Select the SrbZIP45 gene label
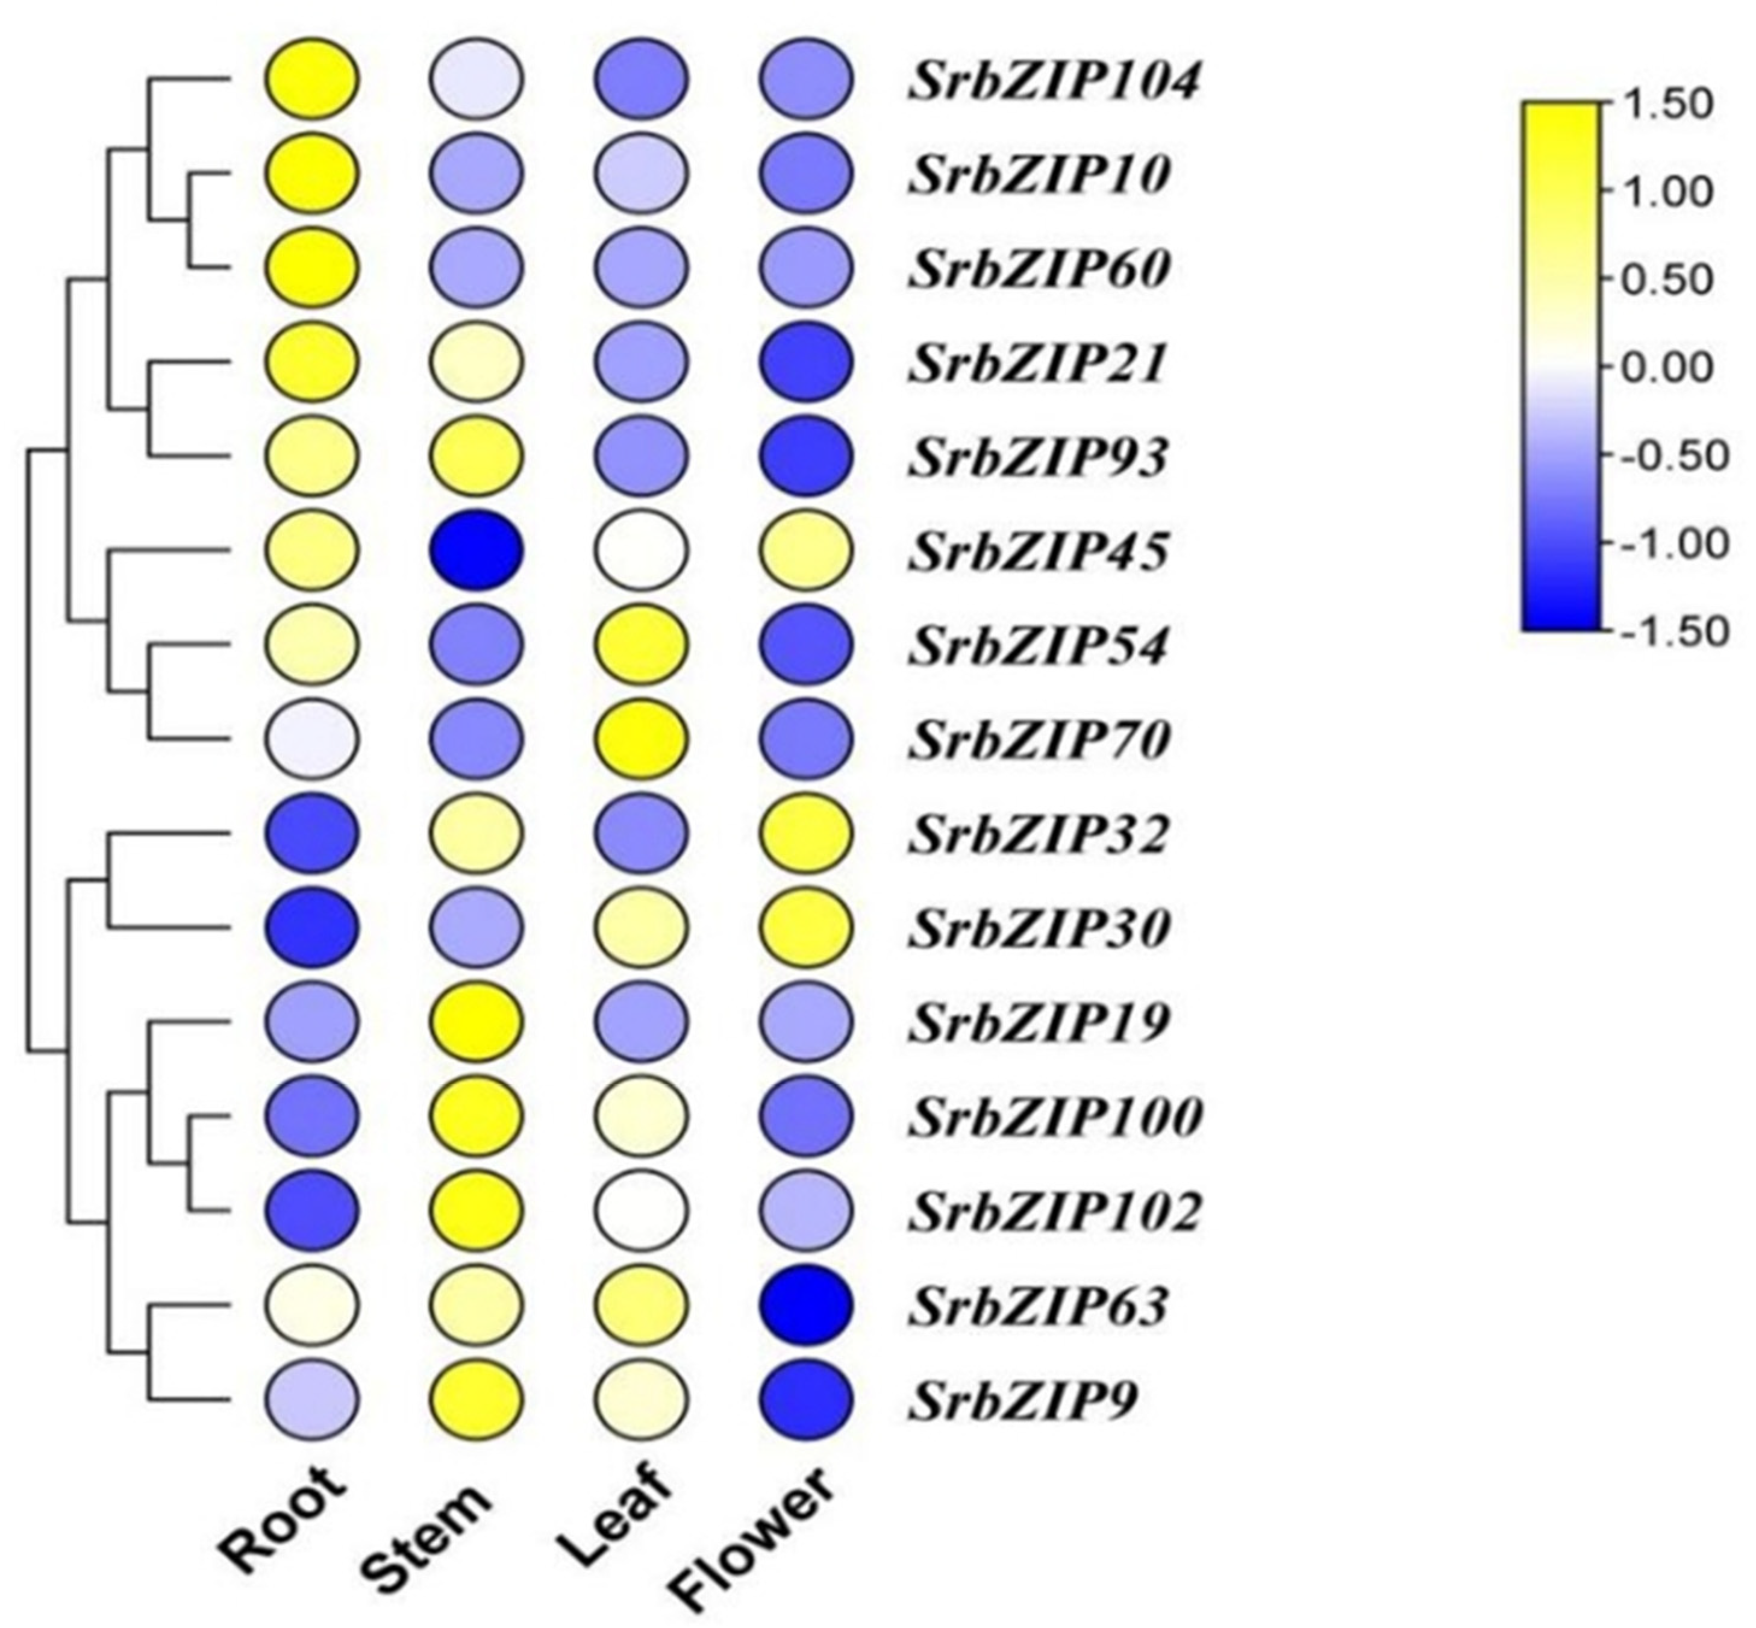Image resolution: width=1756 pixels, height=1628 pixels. [1039, 553]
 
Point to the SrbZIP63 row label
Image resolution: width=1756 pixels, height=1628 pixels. [1039, 1306]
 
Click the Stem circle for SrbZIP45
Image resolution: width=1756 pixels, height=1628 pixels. [476, 551]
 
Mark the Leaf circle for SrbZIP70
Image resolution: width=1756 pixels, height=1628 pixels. [641, 738]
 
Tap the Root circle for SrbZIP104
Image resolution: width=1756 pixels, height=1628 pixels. [312, 80]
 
